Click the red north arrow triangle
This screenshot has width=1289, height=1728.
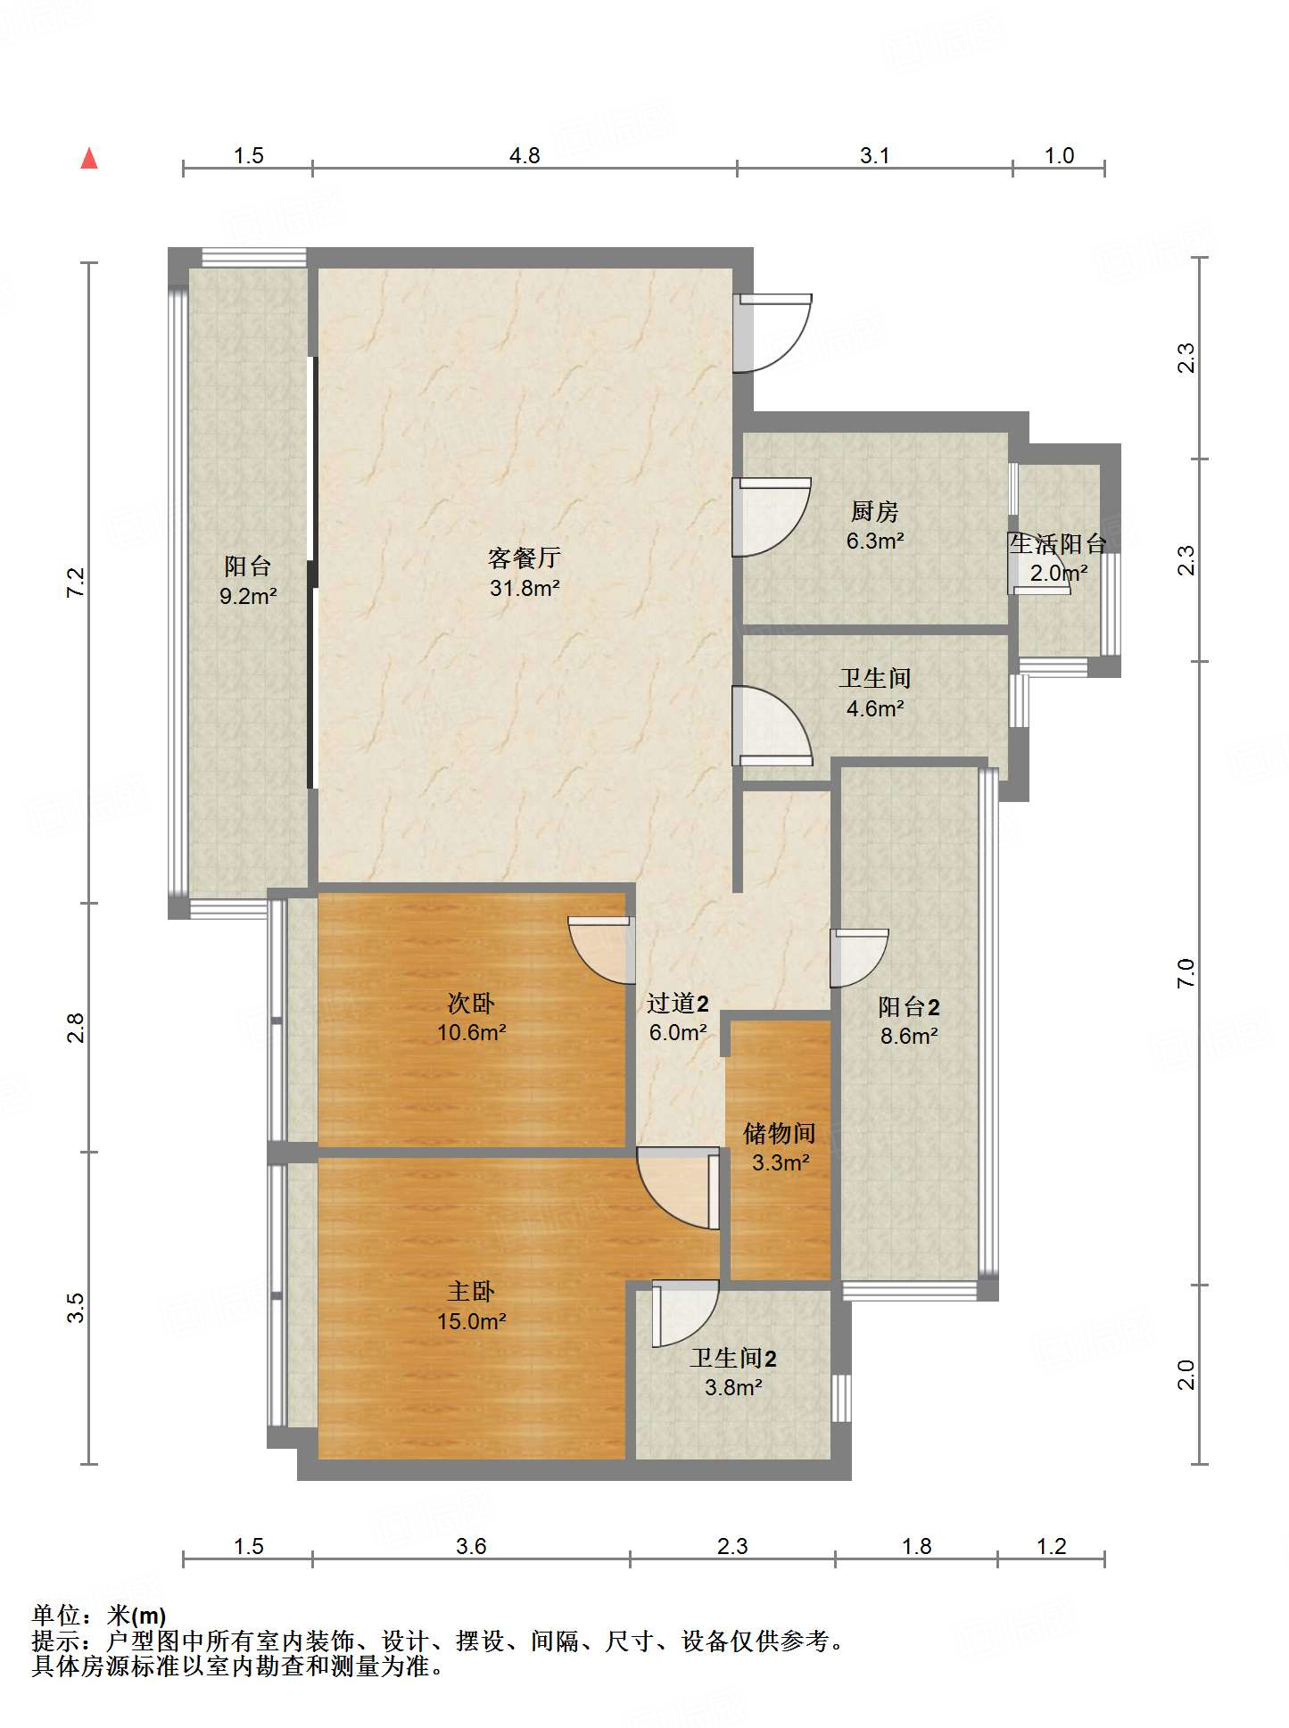pyautogui.click(x=89, y=158)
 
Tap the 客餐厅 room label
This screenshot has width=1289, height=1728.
pyautogui.click(x=525, y=558)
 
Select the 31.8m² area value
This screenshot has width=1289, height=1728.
pyautogui.click(x=525, y=588)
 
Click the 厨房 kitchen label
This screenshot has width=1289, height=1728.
pyautogui.click(x=874, y=511)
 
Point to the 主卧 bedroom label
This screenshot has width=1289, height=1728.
pyautogui.click(x=471, y=1291)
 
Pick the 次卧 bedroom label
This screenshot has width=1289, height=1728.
pyautogui.click(x=471, y=1003)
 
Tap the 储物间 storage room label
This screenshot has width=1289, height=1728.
pyautogui.click(x=780, y=1133)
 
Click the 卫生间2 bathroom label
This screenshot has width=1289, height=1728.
pyautogui.click(x=733, y=1358)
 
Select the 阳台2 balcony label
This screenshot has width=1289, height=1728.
pyautogui.click(x=909, y=1006)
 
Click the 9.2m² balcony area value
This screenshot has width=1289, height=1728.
pyautogui.click(x=248, y=596)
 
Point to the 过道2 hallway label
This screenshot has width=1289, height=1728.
pyautogui.click(x=678, y=1003)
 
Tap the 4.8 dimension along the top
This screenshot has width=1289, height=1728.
pyautogui.click(x=525, y=155)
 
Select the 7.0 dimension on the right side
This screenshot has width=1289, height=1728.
pyautogui.click(x=1186, y=972)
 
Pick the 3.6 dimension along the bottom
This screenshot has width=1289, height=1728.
pyautogui.click(x=471, y=1546)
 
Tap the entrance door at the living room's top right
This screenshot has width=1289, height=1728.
pyautogui.click(x=773, y=333)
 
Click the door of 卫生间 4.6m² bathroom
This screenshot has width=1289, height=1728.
pyautogui.click(x=773, y=725)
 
